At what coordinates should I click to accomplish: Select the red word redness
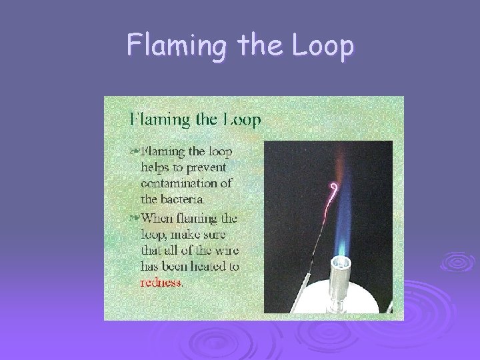[161, 281]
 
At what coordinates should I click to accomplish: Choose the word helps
[156, 167]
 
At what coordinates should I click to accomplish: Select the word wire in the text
[225, 250]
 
